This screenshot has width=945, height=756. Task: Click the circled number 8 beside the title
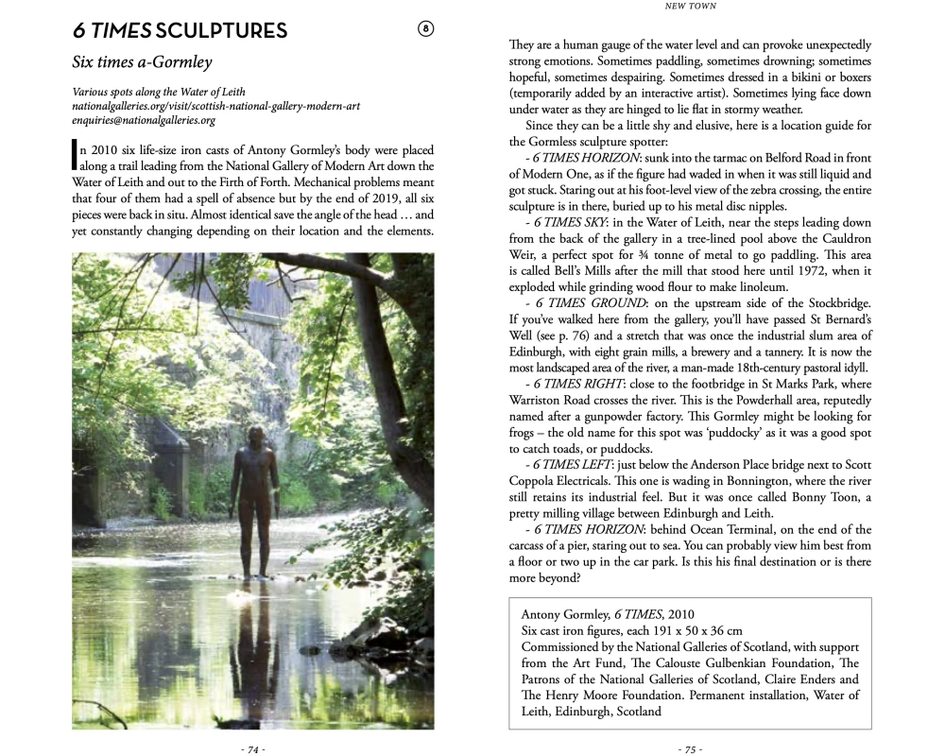pyautogui.click(x=425, y=29)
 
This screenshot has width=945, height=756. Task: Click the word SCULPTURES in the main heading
pyautogui.click(x=222, y=31)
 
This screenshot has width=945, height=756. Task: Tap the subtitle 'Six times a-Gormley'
pyautogui.click(x=142, y=62)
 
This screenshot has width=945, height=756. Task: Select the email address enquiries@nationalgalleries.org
pyautogui.click(x=144, y=120)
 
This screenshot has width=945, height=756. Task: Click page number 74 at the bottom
pyautogui.click(x=252, y=748)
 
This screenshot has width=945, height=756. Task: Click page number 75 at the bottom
pyautogui.click(x=690, y=748)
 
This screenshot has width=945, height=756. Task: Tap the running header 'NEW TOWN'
pyautogui.click(x=690, y=7)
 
